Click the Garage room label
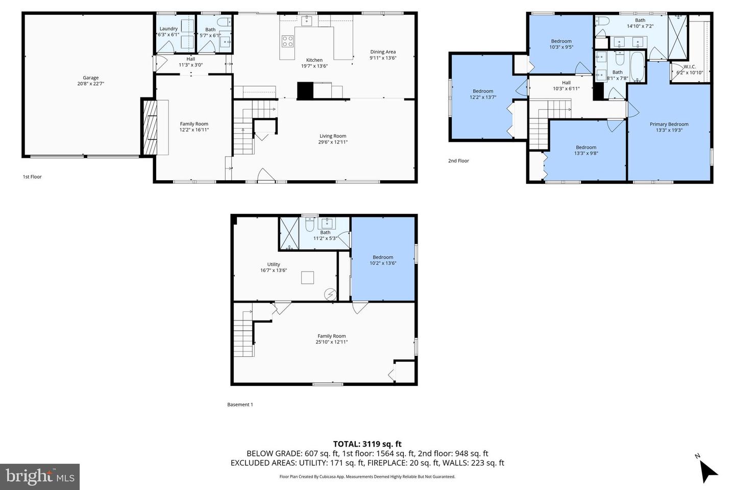point(90,78)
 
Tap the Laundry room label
point(168,29)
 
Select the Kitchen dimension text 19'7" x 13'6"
point(314,66)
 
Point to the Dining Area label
point(383,52)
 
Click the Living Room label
point(333,136)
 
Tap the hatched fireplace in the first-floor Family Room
point(150,127)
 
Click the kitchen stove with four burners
point(288,41)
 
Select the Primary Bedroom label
point(669,124)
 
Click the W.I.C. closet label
point(690,67)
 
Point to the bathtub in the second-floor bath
point(637,67)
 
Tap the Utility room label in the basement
point(274,264)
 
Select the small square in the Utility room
point(308,278)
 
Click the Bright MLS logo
point(40,477)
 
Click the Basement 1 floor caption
point(240,405)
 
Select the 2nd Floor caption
point(458,161)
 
